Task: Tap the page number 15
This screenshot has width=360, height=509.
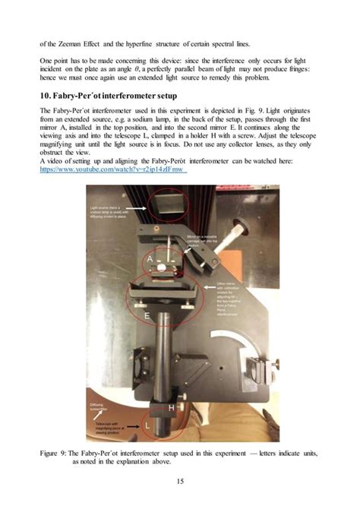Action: click(180, 480)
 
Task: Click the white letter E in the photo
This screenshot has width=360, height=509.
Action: click(144, 313)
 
